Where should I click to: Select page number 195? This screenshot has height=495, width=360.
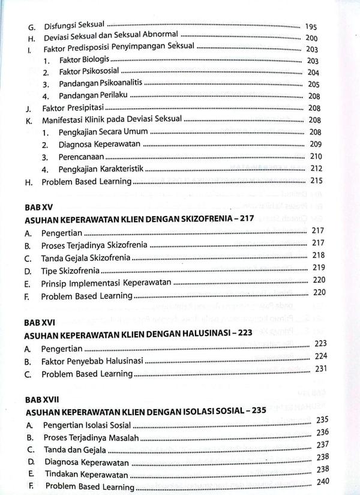point(311,27)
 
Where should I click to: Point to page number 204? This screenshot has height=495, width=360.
point(313,73)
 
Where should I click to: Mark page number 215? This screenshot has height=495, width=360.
point(316,180)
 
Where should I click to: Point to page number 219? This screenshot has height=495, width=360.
point(318,267)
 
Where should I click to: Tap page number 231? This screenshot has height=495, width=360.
point(320,368)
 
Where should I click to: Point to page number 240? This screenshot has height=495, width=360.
point(323,481)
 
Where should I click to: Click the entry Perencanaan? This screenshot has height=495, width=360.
point(82,157)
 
